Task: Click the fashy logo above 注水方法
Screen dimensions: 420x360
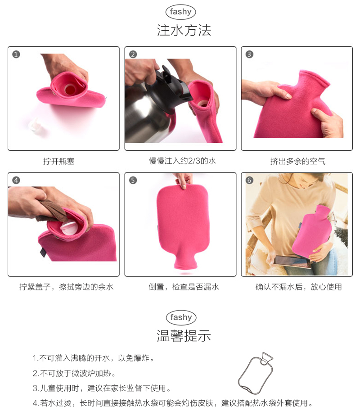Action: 180,12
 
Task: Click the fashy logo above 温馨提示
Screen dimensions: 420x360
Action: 180,317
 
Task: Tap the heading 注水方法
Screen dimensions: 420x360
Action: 184,30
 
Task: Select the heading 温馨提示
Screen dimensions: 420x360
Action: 184,335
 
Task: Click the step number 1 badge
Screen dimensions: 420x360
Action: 16,54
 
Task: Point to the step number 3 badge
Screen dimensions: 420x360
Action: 249,54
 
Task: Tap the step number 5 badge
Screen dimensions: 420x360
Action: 133,180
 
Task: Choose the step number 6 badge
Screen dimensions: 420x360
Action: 249,180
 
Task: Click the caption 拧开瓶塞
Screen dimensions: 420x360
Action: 58,161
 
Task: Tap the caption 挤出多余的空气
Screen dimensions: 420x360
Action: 297,161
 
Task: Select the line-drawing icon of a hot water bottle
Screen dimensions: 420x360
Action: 255,374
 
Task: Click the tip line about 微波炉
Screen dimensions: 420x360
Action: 74,373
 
